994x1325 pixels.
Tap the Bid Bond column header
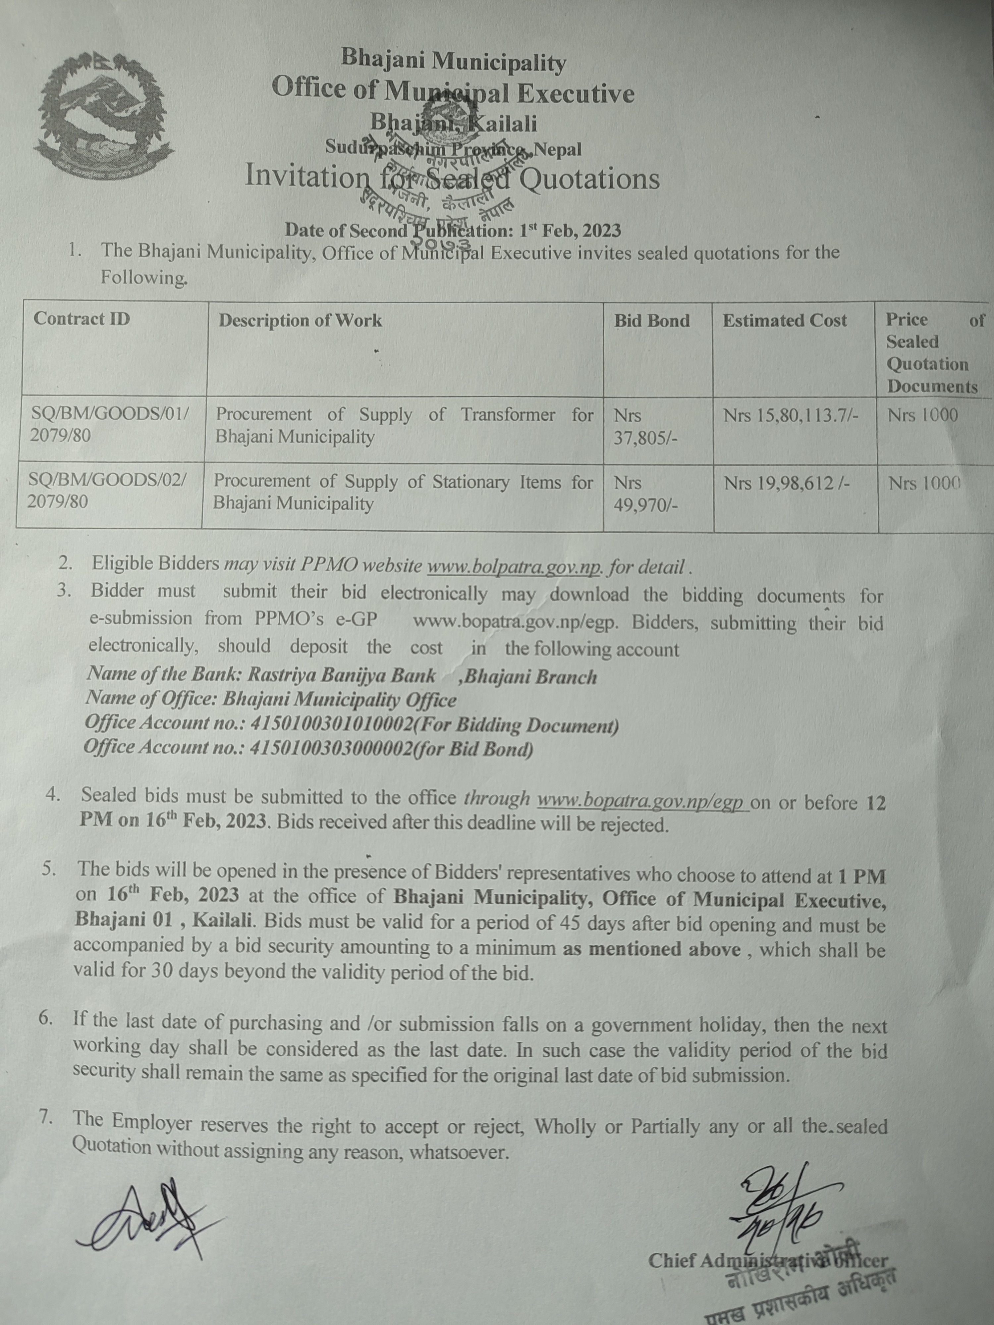coord(652,321)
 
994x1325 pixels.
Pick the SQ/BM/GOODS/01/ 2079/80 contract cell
coord(110,425)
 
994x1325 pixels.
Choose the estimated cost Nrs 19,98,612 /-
coord(786,483)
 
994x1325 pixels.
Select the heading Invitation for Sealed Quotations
coord(452,178)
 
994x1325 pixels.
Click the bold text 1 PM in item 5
coord(861,876)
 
